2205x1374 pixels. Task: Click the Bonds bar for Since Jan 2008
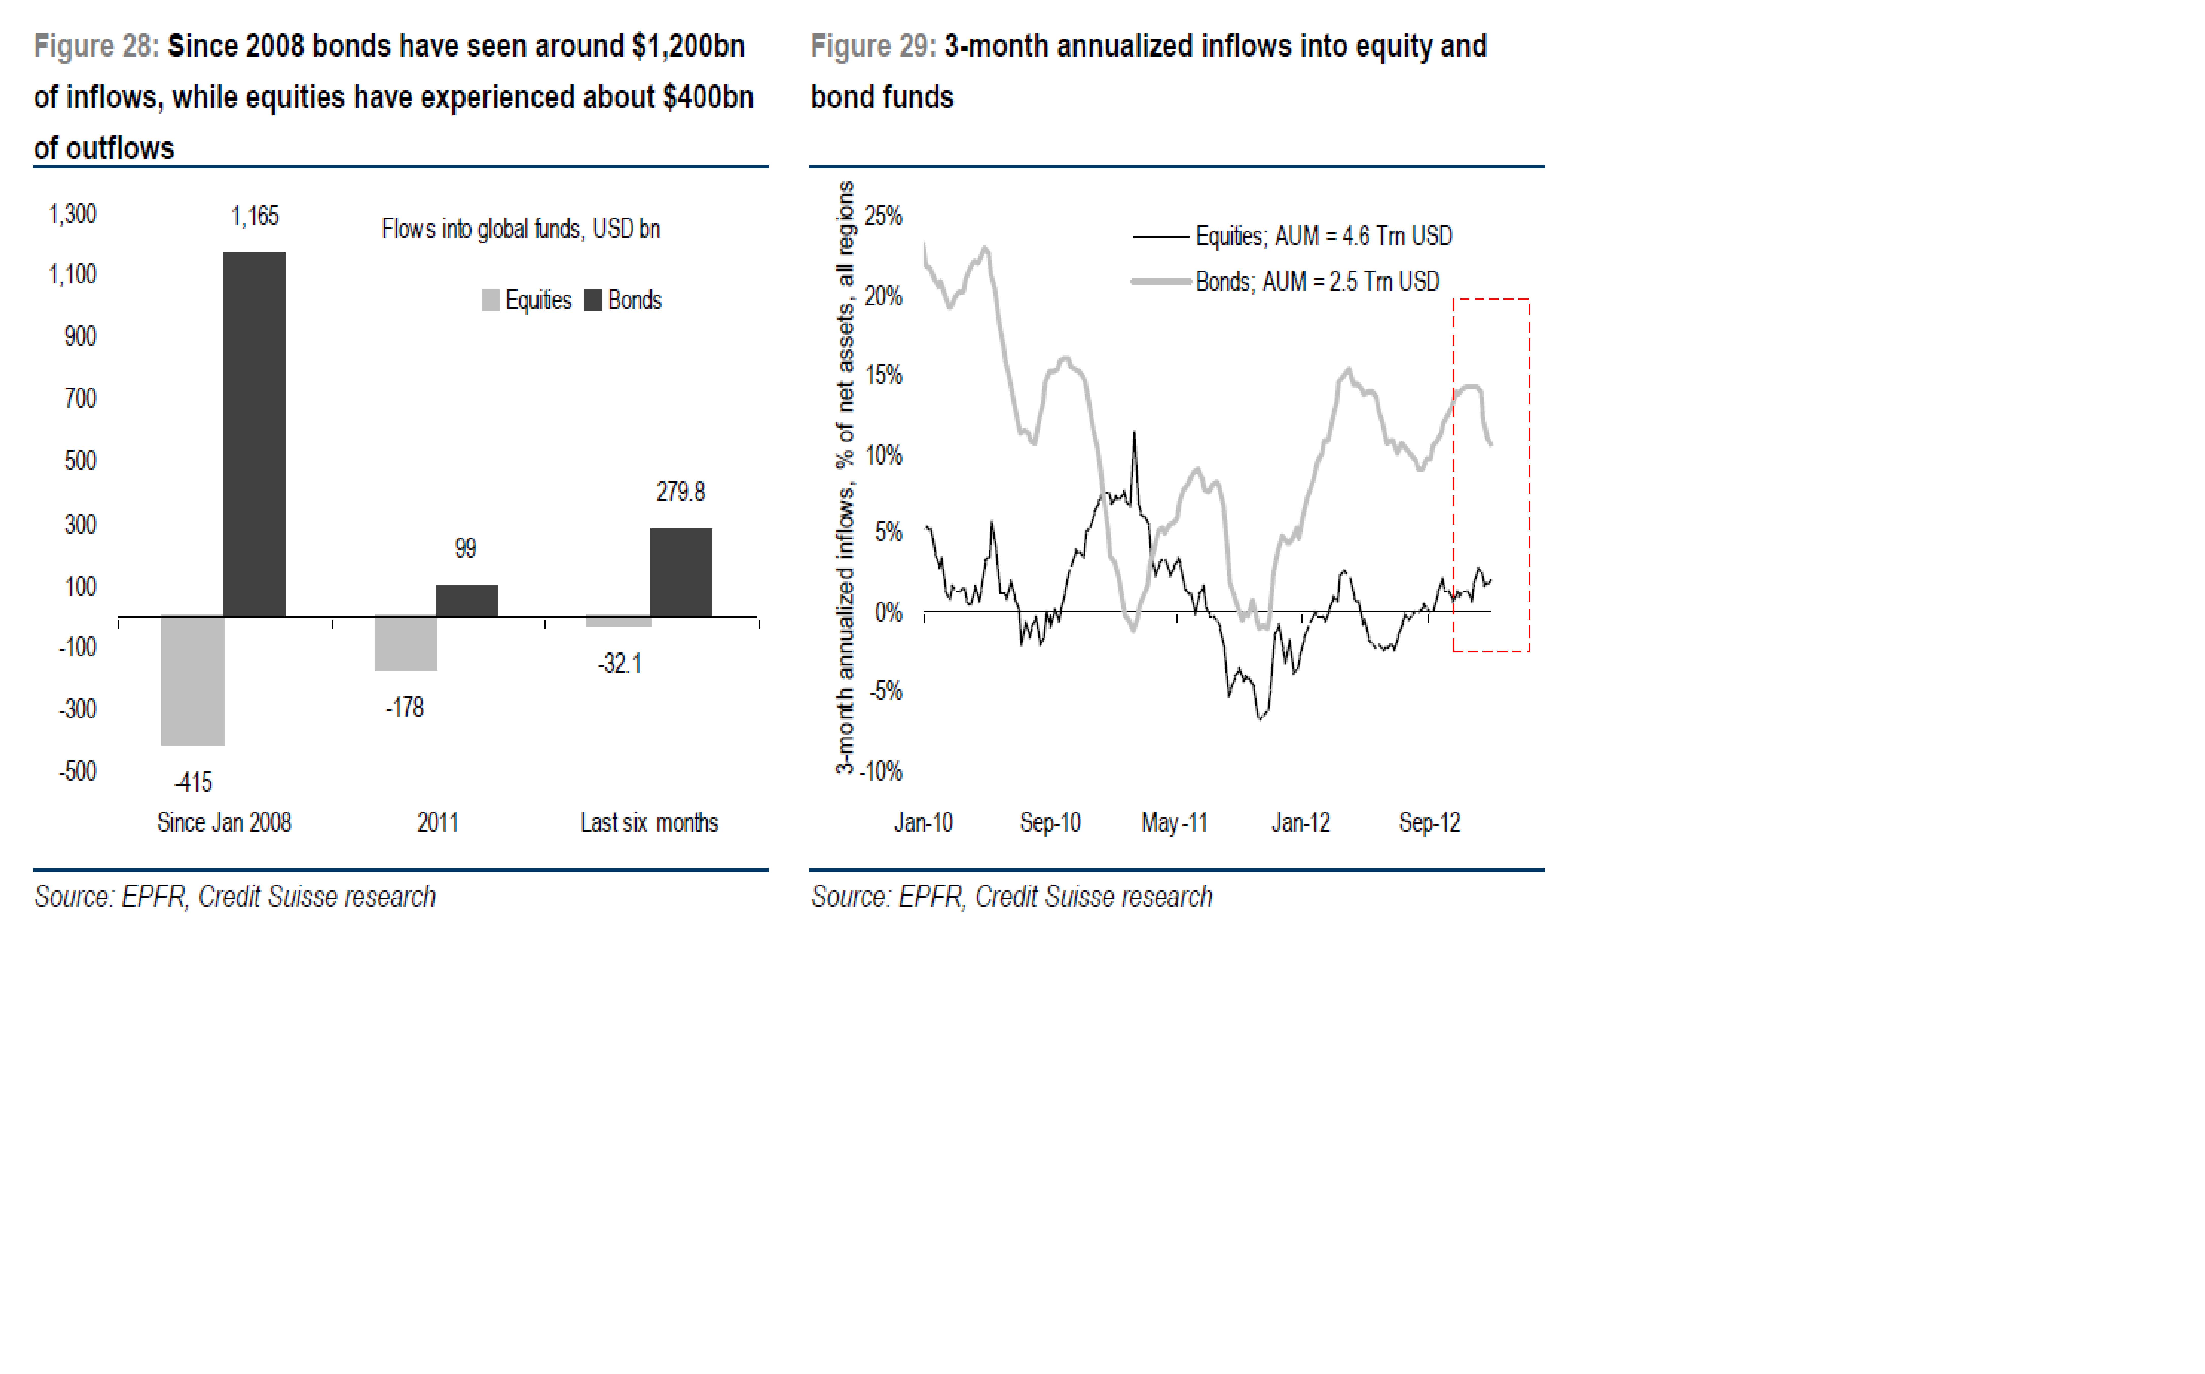coord(255,434)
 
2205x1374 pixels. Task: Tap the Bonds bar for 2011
coord(466,601)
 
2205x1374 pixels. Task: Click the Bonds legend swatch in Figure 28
coord(594,300)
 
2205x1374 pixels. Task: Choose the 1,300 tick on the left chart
coord(73,214)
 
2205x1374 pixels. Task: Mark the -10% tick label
coord(882,771)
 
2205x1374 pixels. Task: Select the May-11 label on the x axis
coord(1174,822)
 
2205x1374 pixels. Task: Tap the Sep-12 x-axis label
coord(1429,822)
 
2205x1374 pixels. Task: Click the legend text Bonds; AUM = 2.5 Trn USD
coord(1317,282)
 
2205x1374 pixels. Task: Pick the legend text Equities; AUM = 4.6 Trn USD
coord(1323,236)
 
